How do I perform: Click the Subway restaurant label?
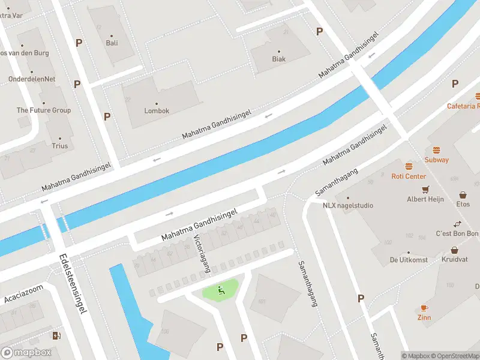click(436, 160)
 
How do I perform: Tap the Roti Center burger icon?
click(409, 166)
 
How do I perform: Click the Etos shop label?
click(463, 204)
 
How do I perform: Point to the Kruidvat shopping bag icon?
click(454, 250)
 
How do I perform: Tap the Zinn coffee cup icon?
click(424, 308)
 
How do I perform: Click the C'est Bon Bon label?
click(457, 233)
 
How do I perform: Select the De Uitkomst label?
click(408, 260)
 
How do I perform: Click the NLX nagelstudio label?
click(347, 205)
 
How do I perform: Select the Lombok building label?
click(157, 111)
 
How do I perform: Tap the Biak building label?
click(278, 59)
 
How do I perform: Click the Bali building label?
click(112, 43)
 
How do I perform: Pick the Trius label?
click(59, 146)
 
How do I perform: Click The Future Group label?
click(43, 110)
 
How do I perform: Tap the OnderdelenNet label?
click(32, 79)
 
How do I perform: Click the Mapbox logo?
click(26, 352)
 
